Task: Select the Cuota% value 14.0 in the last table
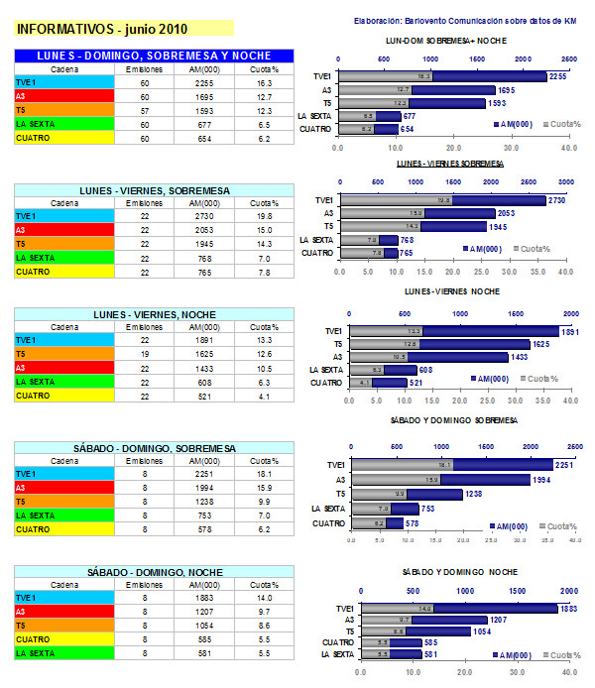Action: (263, 599)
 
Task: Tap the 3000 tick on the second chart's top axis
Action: (566, 182)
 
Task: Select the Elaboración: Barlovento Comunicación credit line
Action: (465, 20)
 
